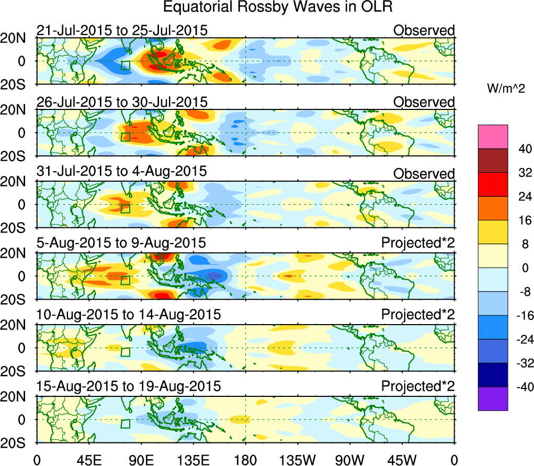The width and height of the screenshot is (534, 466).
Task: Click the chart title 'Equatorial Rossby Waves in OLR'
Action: click(277, 7)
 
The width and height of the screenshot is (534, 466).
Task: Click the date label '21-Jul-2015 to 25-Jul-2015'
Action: click(122, 30)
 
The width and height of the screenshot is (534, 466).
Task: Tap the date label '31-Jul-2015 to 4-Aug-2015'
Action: click(122, 171)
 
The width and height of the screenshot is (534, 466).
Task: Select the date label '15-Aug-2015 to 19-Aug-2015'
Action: click(129, 386)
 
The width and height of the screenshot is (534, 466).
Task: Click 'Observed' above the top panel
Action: click(424, 30)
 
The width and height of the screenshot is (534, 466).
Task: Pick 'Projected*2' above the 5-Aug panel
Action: click(418, 243)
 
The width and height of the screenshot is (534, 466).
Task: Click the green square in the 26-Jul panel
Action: click(126, 137)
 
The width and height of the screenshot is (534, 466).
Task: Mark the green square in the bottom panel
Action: click(126, 424)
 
